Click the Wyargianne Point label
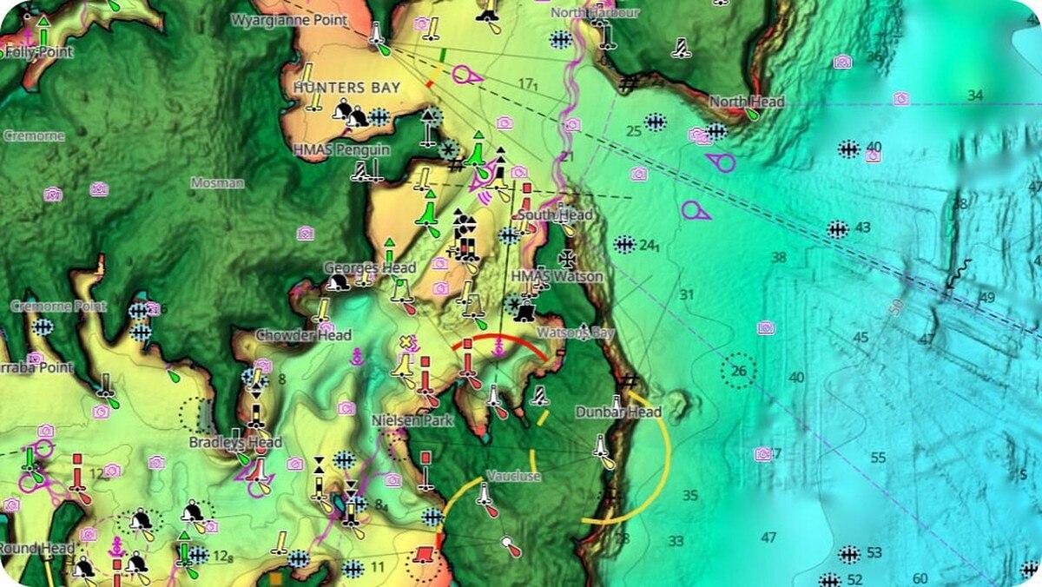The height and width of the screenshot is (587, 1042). tap(288, 19)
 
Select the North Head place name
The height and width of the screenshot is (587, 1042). tap(747, 102)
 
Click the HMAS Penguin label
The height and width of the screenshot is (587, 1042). tap(341, 149)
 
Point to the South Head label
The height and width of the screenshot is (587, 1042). tap(555, 214)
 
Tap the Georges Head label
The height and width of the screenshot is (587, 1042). tap(370, 267)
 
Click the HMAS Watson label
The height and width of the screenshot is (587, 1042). tap(557, 276)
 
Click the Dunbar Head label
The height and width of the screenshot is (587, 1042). tap(618, 412)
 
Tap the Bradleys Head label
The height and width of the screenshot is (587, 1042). tap(235, 442)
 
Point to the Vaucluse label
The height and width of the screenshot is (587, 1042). tap(513, 476)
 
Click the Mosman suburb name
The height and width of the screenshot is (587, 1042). tap(217, 183)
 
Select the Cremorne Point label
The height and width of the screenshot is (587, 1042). tap(58, 307)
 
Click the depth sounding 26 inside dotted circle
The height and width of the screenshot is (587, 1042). tap(739, 372)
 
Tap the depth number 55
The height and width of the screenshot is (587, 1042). tap(878, 458)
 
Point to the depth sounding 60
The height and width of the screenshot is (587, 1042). tap(920, 578)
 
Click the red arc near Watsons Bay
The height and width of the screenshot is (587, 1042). tap(500, 340)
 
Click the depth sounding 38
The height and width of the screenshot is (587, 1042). tap(778, 257)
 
